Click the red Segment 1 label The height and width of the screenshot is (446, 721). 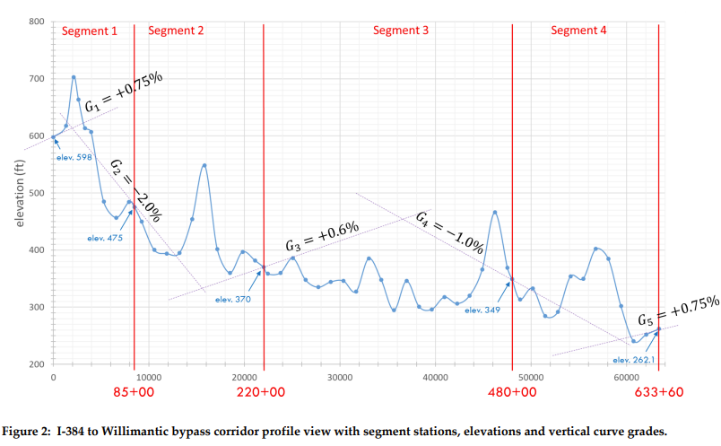pyautogui.click(x=89, y=31)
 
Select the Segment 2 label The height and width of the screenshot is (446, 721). pyautogui.click(x=176, y=31)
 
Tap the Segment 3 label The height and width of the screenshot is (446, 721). pyautogui.click(x=400, y=31)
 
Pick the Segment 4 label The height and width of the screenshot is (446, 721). pyautogui.click(x=578, y=31)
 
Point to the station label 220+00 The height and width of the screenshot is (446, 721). pyautogui.click(x=261, y=392)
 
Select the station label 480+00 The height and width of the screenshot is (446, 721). pyautogui.click(x=512, y=392)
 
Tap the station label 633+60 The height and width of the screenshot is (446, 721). pyautogui.click(x=658, y=392)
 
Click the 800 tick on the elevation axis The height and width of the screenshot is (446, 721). pyautogui.click(x=35, y=22)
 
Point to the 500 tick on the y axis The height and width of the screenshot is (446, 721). pyautogui.click(x=35, y=193)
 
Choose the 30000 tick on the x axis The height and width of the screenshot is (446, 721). pyautogui.click(x=340, y=378)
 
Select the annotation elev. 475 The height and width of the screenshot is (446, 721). pyautogui.click(x=104, y=238)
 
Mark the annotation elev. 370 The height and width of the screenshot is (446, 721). pyautogui.click(x=233, y=299)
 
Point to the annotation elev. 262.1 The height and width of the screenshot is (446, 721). pyautogui.click(x=634, y=360)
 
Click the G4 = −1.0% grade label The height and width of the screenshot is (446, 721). pyautogui.click(x=450, y=231)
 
